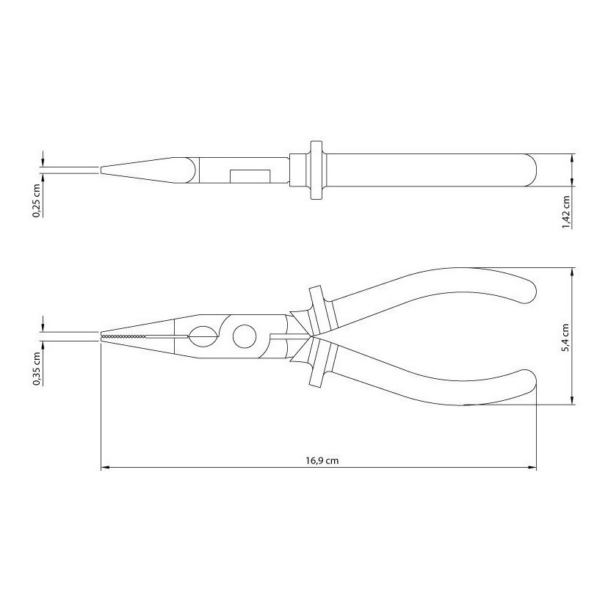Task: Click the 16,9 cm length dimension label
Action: tap(322, 460)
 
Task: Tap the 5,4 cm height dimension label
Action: tap(565, 338)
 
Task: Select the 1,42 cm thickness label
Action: tap(565, 211)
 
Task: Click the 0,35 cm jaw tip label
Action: tap(37, 369)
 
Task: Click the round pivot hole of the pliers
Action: tap(245, 336)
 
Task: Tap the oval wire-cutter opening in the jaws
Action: tap(203, 336)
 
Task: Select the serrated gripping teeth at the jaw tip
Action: tap(123, 336)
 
